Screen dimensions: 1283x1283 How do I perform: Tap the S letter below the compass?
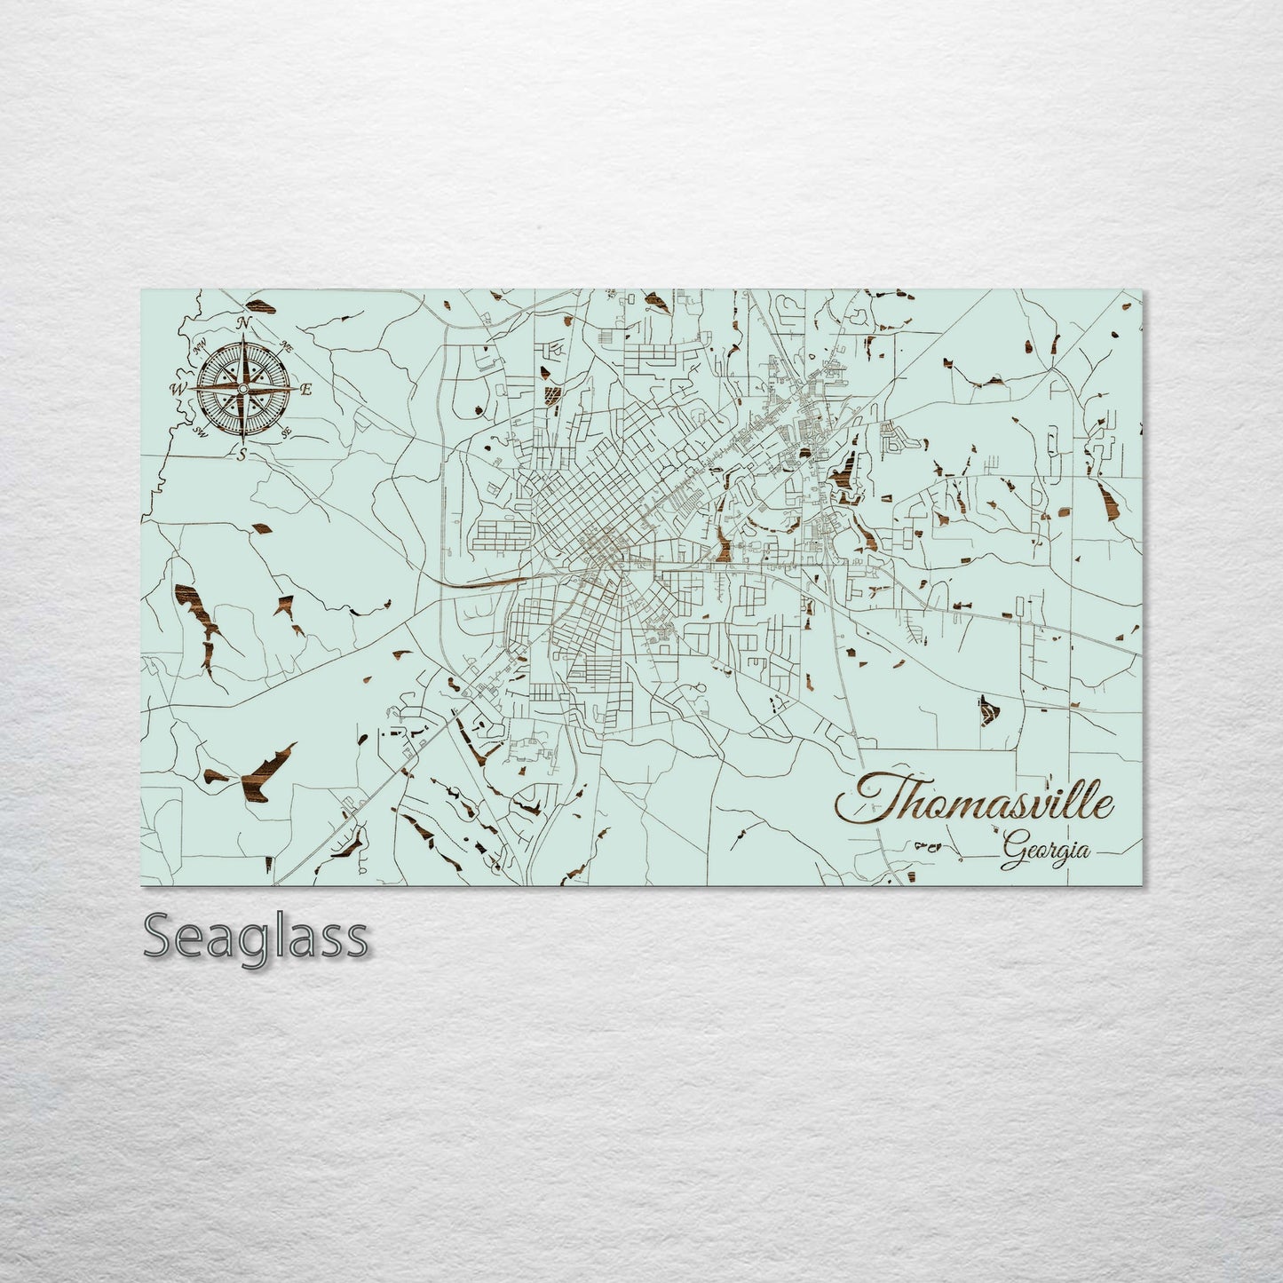click(x=241, y=455)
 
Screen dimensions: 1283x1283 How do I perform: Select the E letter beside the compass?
click(x=306, y=389)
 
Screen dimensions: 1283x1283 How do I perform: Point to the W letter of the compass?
click(x=176, y=388)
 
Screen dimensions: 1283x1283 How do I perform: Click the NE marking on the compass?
click(x=286, y=345)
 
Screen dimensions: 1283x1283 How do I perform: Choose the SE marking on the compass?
click(x=286, y=432)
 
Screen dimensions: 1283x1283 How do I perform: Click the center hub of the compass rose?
click(x=242, y=388)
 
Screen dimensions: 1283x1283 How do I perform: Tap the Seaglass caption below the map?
click(x=256, y=936)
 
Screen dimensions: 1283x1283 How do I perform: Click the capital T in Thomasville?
click(x=866, y=799)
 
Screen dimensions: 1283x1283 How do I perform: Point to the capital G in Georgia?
click(x=1010, y=854)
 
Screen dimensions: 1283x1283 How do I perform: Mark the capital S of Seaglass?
click(x=160, y=936)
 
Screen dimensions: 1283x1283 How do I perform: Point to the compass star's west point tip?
click(x=193, y=388)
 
